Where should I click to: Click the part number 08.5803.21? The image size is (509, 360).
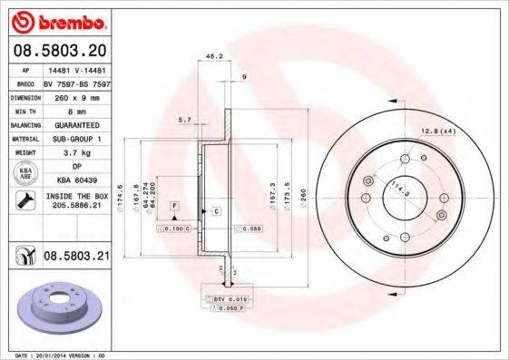[x=76, y=258]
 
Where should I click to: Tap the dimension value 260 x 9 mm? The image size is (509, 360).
[x=75, y=95]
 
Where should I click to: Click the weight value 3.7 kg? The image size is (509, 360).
[x=75, y=153]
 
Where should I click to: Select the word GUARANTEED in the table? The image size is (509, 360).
[x=75, y=124]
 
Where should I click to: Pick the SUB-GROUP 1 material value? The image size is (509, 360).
[x=75, y=139]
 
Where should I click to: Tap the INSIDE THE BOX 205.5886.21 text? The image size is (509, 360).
[x=75, y=201]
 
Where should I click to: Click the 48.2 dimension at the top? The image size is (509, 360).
[x=216, y=56]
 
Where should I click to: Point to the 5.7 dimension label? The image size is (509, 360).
[x=185, y=120]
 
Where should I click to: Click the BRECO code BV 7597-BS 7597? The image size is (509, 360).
[x=75, y=81]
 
